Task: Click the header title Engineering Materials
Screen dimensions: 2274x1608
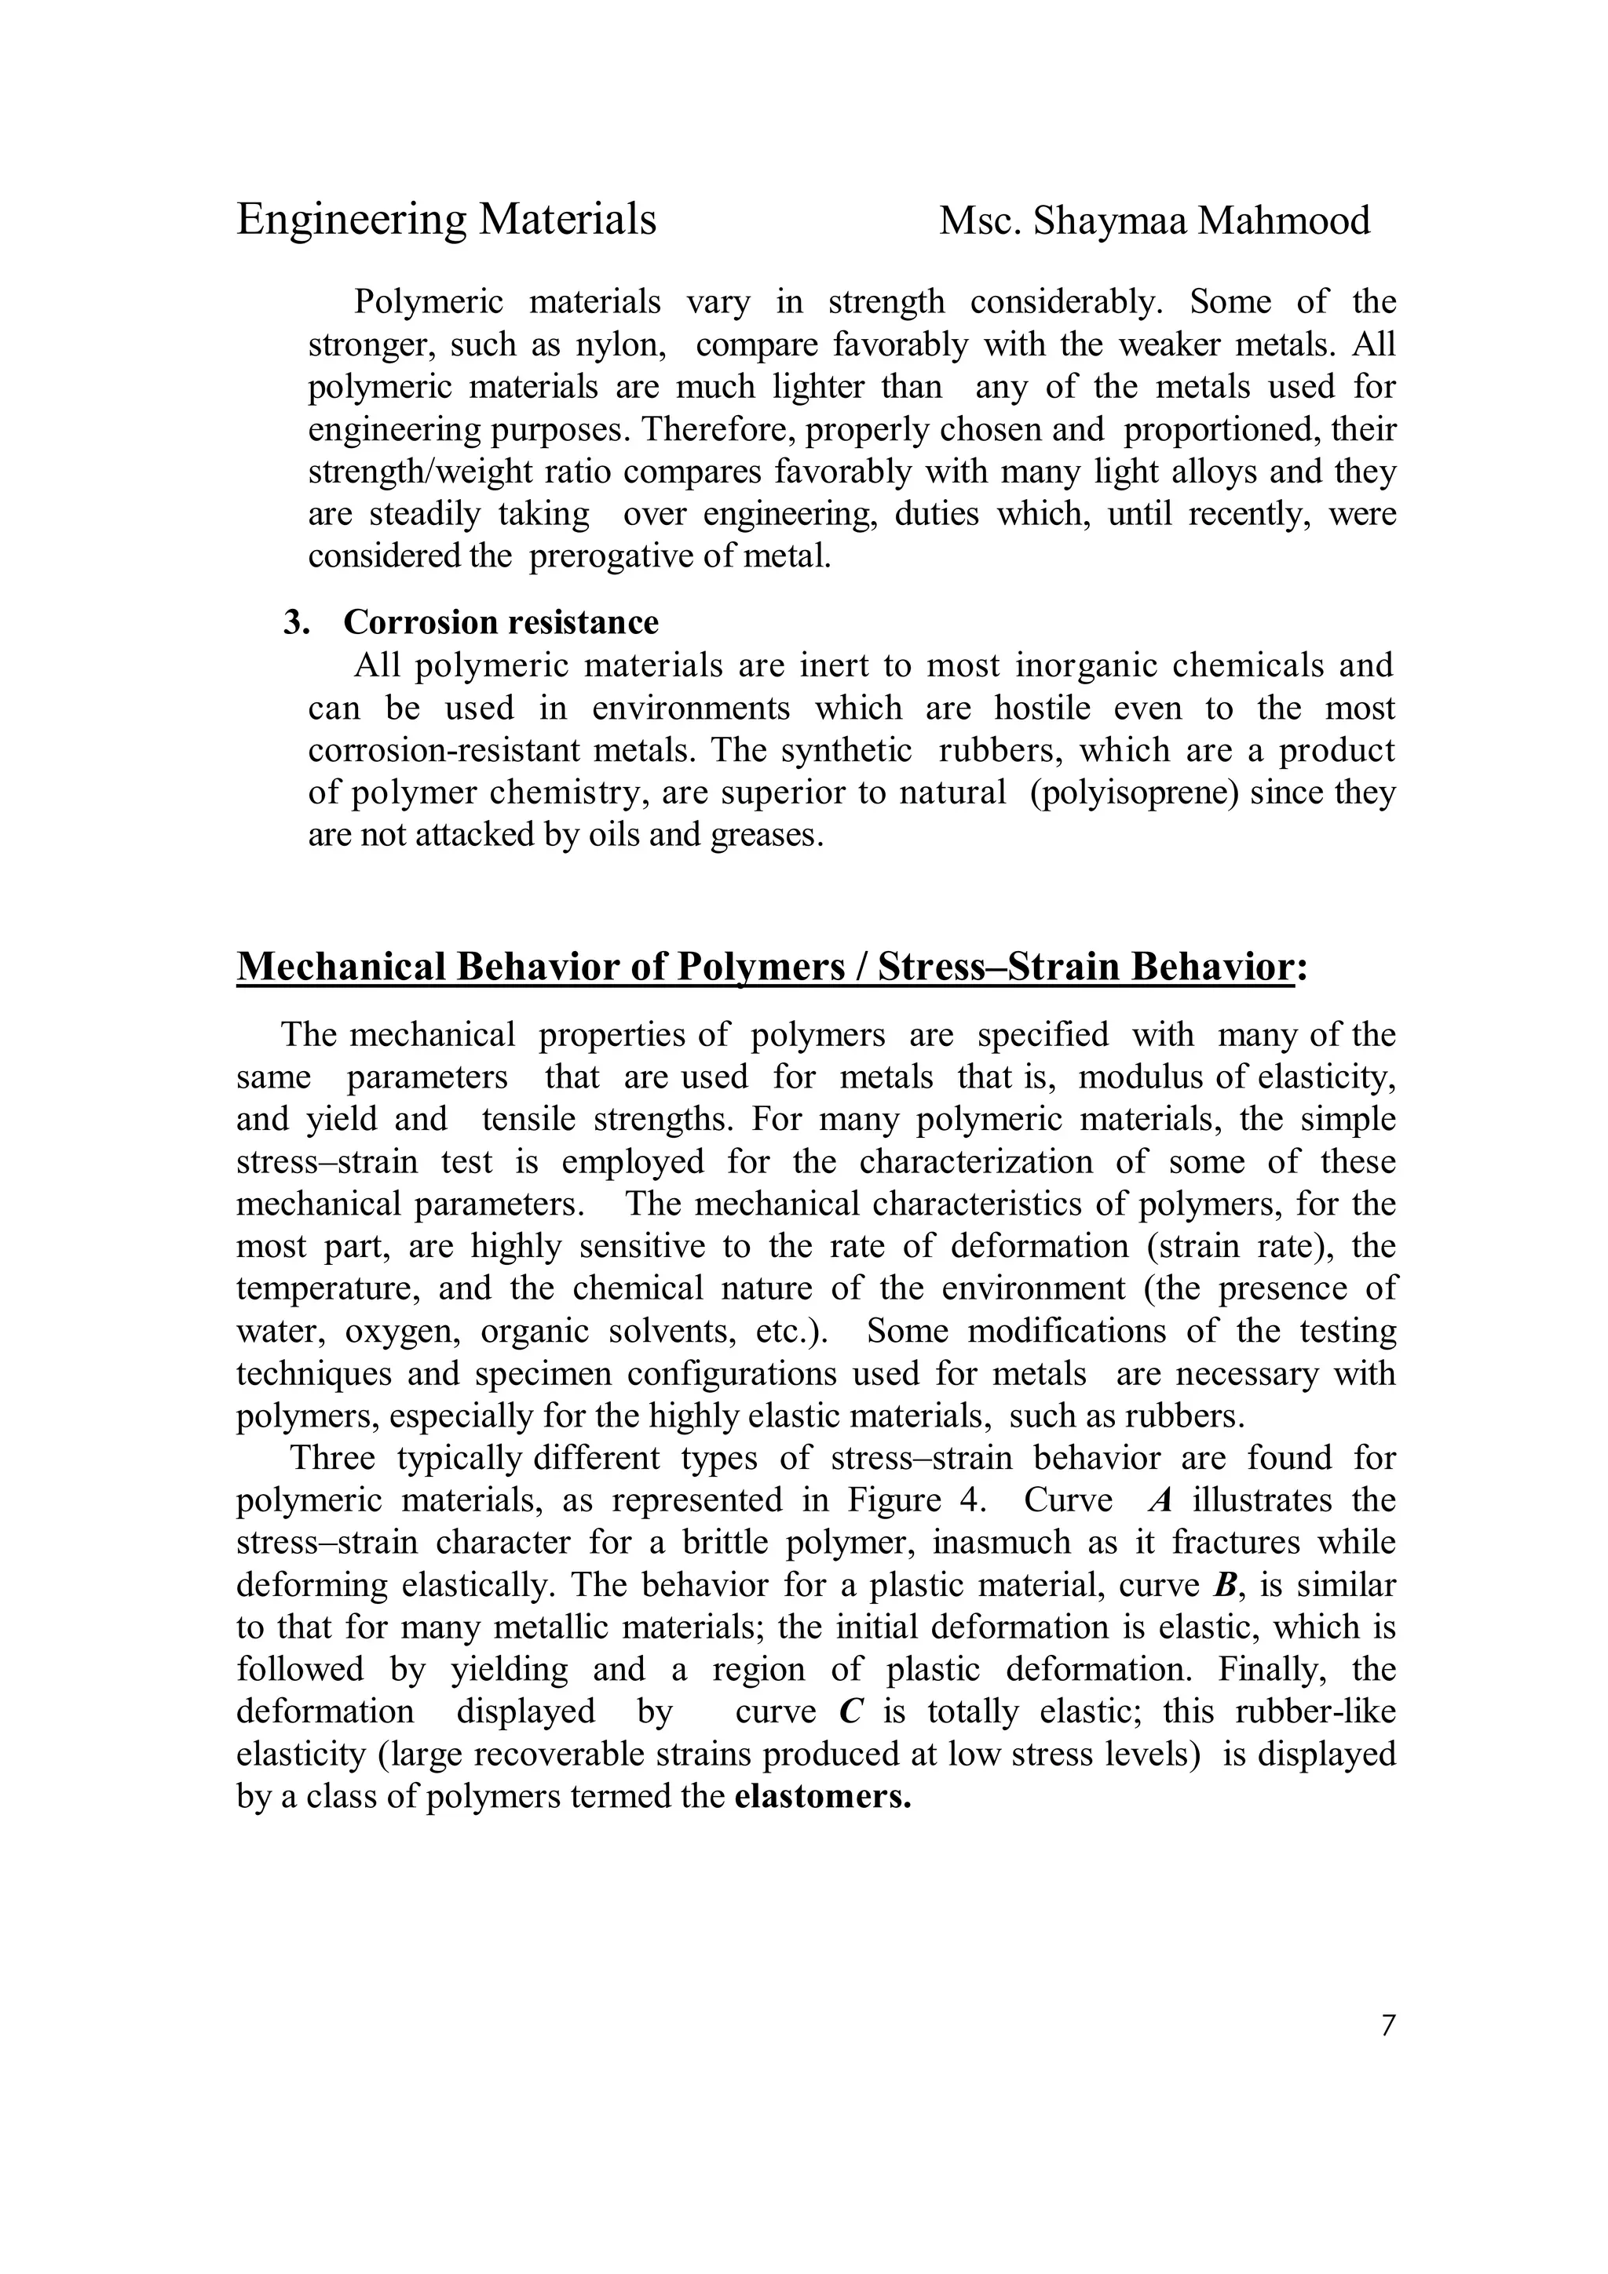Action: click(446, 219)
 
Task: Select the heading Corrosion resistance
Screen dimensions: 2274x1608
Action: click(500, 622)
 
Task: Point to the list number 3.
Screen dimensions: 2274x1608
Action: click(295, 622)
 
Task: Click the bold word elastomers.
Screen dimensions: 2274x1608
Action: click(822, 1797)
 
